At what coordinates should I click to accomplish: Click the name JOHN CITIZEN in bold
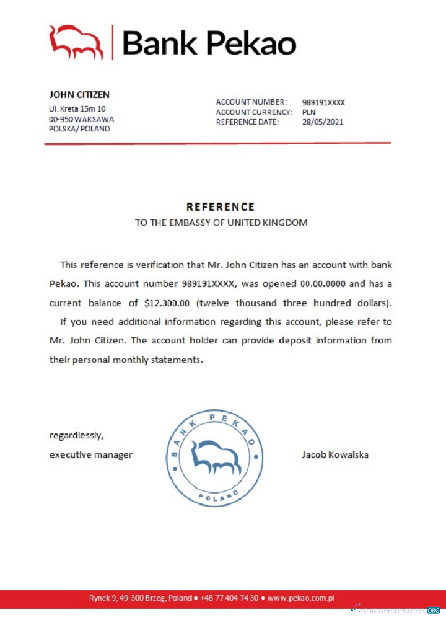click(79, 95)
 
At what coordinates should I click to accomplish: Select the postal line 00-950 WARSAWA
click(81, 119)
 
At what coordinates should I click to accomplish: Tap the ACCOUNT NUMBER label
click(251, 102)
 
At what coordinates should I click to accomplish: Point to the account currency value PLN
click(309, 112)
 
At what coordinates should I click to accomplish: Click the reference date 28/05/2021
click(322, 122)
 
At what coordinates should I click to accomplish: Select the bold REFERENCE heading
click(221, 207)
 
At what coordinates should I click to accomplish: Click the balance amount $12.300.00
click(174, 304)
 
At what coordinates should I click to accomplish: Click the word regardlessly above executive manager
click(76, 435)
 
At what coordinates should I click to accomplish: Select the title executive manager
click(90, 455)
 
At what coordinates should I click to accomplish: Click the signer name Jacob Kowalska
click(334, 454)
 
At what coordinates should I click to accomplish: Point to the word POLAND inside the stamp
click(218, 495)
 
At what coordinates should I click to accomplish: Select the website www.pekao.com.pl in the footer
click(301, 598)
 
